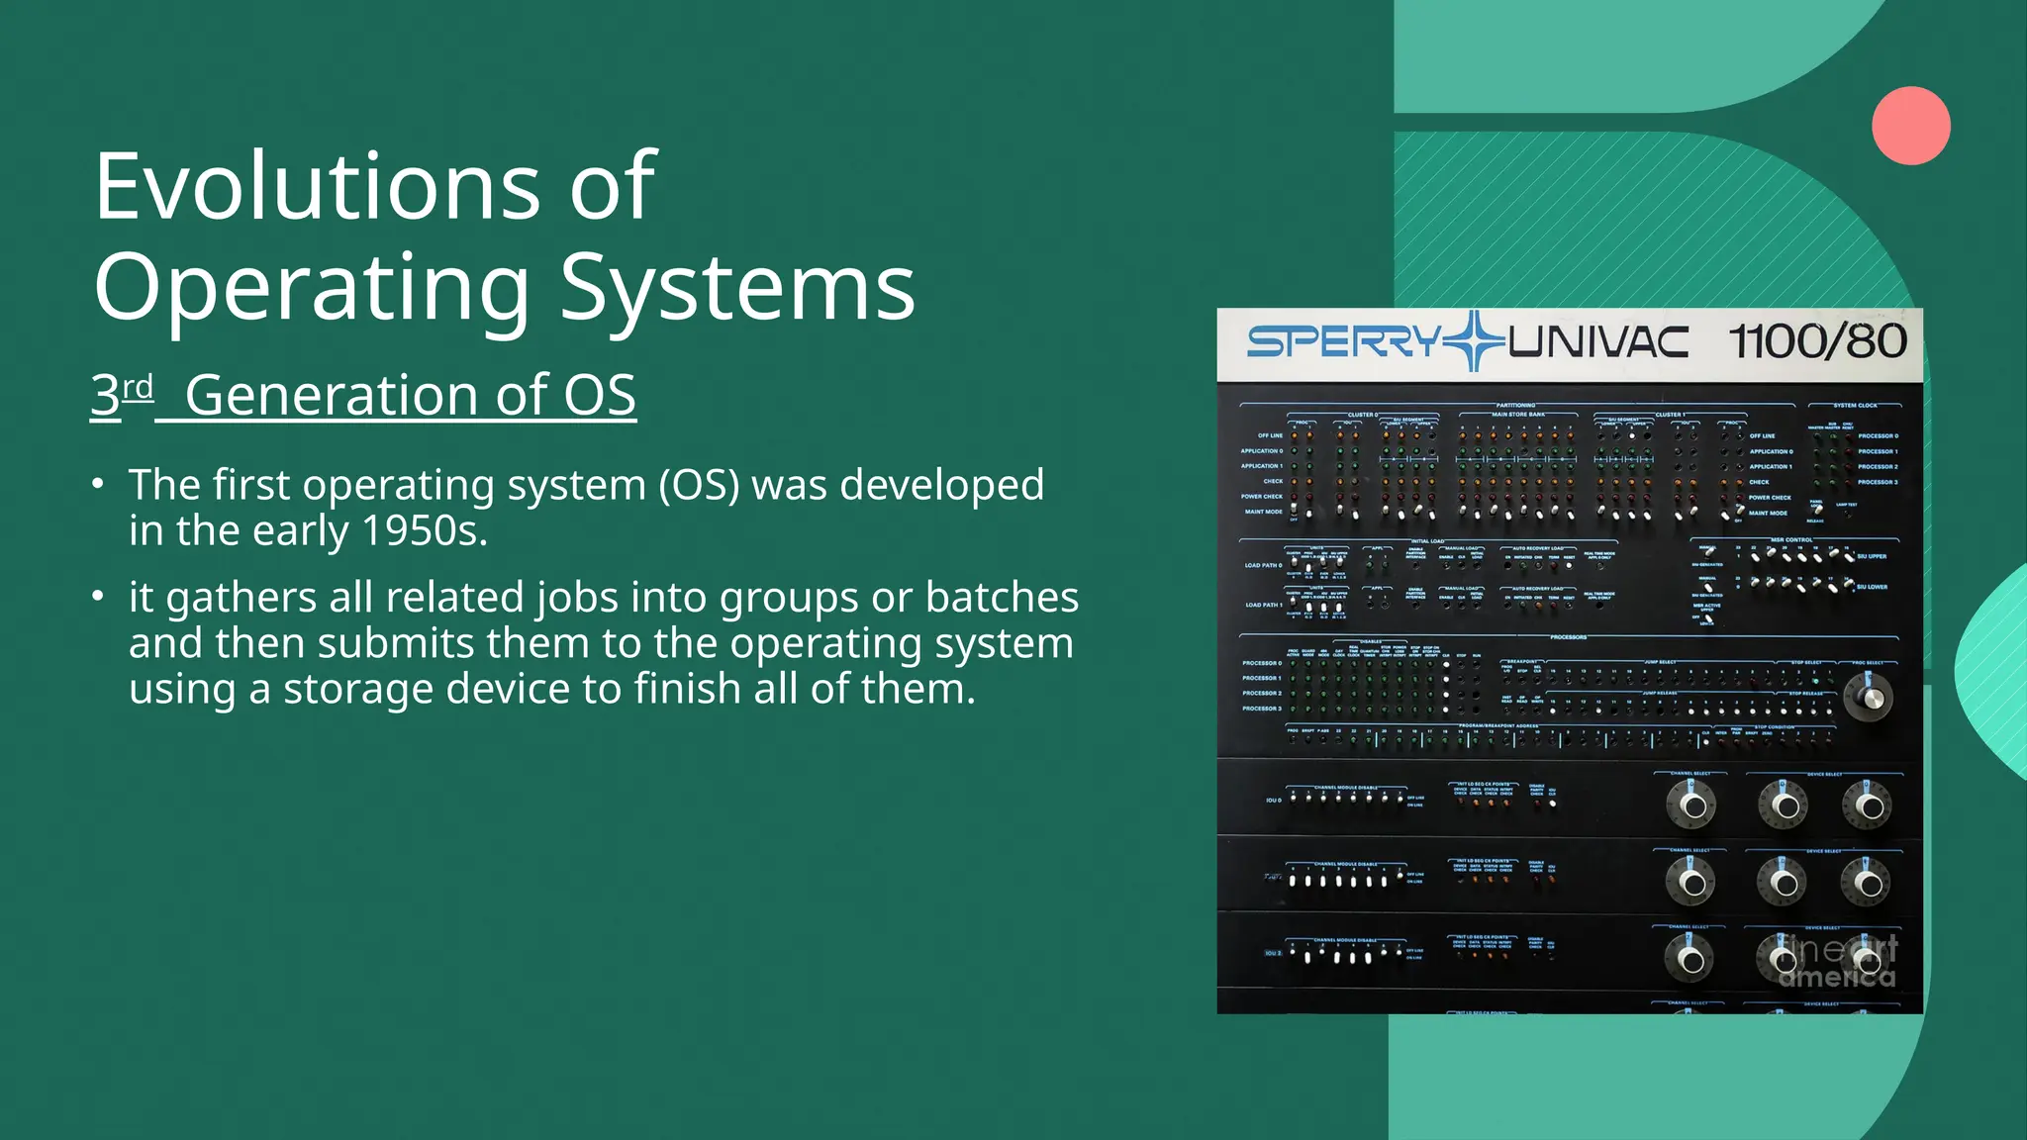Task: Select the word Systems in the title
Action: click(737, 288)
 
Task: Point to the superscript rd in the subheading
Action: click(139, 386)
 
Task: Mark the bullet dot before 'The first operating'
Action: click(97, 484)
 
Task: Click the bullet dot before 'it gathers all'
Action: click(97, 597)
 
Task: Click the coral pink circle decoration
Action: click(1910, 126)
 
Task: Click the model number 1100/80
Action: click(1817, 342)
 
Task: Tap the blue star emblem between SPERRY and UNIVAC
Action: click(1475, 341)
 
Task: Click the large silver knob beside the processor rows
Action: click(1869, 697)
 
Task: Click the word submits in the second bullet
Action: click(396, 643)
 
